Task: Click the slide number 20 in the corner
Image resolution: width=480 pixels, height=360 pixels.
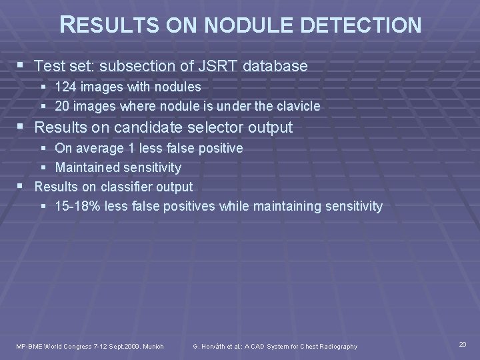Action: pyautogui.click(x=463, y=344)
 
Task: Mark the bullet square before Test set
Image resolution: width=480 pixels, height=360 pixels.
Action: pyautogui.click(x=23, y=66)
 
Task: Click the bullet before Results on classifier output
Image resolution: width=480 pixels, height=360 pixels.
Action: pyautogui.click(x=23, y=187)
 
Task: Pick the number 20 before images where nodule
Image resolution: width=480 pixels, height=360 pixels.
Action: pyautogui.click(x=63, y=106)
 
